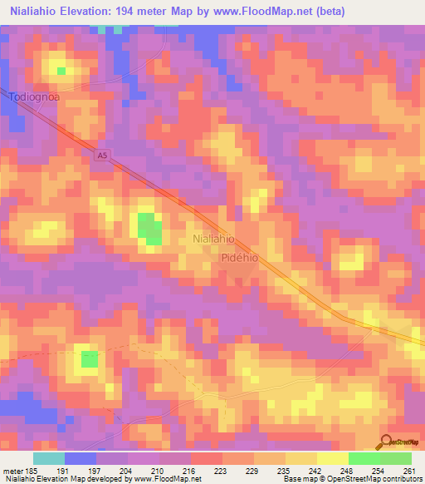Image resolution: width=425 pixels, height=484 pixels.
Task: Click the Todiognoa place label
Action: (x=35, y=97)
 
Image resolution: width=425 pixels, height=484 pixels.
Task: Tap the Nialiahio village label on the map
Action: (x=213, y=239)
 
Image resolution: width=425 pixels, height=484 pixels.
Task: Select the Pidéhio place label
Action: (x=241, y=258)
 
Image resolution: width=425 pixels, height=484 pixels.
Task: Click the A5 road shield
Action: (x=101, y=156)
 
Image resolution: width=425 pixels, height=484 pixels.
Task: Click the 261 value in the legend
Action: (x=408, y=470)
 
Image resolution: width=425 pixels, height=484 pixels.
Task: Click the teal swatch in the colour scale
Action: (x=49, y=458)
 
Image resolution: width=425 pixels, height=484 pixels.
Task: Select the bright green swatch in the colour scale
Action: (x=364, y=458)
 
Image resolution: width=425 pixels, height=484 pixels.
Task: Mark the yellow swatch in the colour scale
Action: (x=332, y=458)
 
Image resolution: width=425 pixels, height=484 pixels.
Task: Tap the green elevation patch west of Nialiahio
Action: (x=149, y=228)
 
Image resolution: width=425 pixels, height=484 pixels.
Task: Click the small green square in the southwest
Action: (x=89, y=359)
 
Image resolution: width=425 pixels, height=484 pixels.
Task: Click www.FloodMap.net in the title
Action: (x=268, y=12)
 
